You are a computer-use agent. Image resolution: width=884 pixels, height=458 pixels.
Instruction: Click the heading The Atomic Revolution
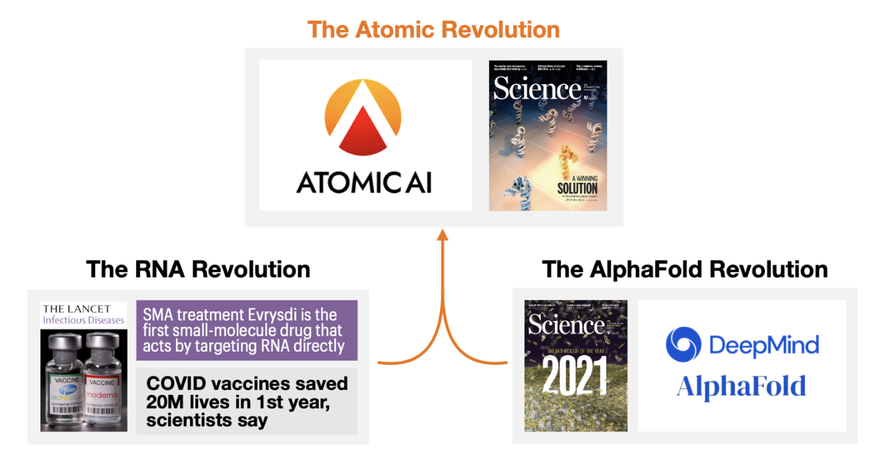[x=433, y=30]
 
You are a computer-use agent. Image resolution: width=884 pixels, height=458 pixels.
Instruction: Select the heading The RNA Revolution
[x=198, y=269]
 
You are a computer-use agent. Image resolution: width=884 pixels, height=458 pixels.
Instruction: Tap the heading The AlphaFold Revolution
[x=685, y=269]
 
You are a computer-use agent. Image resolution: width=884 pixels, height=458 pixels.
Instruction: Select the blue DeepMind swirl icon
[x=683, y=344]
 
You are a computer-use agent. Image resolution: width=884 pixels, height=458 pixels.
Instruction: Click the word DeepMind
[x=764, y=345]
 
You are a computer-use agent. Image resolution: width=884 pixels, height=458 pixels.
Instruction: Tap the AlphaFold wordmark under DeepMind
[x=741, y=387]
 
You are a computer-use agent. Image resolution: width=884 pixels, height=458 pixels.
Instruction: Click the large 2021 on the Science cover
[x=575, y=376]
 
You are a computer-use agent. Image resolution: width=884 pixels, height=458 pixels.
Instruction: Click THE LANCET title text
[x=76, y=309]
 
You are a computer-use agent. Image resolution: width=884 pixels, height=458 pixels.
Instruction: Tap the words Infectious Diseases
[x=84, y=320]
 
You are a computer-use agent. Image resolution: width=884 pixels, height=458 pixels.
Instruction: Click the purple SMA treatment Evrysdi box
[x=247, y=331]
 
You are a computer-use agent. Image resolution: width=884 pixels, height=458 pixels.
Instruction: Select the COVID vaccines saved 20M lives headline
[x=247, y=401]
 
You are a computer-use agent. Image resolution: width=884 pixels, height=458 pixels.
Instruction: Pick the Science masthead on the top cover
[x=536, y=89]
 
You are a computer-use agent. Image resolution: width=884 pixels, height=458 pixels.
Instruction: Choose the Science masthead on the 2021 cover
[x=566, y=325]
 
